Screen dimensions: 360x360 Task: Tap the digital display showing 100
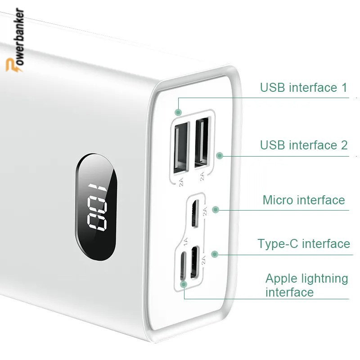point(96,207)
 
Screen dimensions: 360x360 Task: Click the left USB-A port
point(181,148)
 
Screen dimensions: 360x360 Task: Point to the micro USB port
point(195,213)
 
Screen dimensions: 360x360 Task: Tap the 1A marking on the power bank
point(185,241)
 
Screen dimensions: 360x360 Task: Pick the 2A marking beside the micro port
point(205,211)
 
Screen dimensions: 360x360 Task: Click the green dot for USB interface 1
point(178,112)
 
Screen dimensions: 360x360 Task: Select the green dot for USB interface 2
point(220,155)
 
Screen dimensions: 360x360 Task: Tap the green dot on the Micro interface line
point(216,209)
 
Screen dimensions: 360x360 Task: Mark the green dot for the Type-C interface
point(215,254)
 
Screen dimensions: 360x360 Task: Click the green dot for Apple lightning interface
point(184,284)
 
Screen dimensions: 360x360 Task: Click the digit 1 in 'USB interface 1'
point(344,87)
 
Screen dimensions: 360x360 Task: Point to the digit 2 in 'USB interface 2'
point(344,145)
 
